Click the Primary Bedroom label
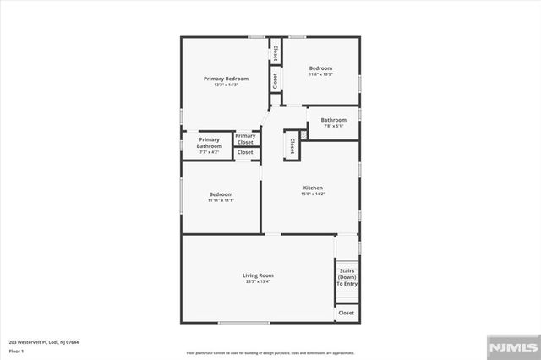point(226,79)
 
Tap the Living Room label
point(258,275)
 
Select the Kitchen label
point(313,188)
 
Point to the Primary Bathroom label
point(210,143)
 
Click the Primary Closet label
point(245,139)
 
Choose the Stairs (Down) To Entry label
point(347,278)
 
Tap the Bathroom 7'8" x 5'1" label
point(333,120)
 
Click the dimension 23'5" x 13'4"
point(258,281)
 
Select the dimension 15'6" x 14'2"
point(313,194)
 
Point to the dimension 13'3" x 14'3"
point(226,85)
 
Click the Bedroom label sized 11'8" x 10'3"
point(320,68)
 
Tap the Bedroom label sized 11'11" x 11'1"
point(221,194)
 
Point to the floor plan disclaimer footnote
point(270,352)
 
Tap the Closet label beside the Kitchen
point(292,145)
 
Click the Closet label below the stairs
point(347,313)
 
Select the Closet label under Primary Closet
point(245,152)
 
